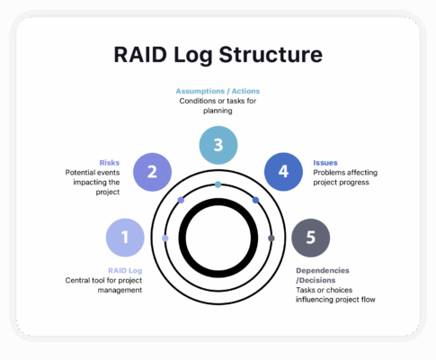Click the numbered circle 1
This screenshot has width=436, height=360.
tap(125, 238)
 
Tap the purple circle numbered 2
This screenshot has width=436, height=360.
tap(152, 172)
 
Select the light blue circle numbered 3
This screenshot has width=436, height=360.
tap(218, 145)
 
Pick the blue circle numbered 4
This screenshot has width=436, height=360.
tap(284, 172)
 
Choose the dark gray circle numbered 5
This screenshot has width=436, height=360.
tap(310, 238)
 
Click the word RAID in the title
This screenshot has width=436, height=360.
tap(144, 55)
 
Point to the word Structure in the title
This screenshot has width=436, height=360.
tap(274, 55)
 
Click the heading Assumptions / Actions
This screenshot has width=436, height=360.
tap(218, 91)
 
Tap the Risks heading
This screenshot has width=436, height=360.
tap(110, 163)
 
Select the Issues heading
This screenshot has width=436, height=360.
tap(325, 163)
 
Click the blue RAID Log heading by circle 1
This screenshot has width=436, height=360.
tap(125, 269)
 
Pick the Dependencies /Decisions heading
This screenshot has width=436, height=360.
tap(323, 274)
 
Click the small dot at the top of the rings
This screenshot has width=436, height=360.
tap(218, 184)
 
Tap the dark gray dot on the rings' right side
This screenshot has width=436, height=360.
tap(271, 238)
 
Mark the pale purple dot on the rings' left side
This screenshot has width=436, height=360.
tap(165, 238)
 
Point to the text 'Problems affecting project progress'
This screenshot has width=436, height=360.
tap(341, 177)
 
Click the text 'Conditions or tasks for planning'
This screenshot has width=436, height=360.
tap(218, 106)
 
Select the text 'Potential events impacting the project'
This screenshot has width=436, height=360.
tap(93, 182)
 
